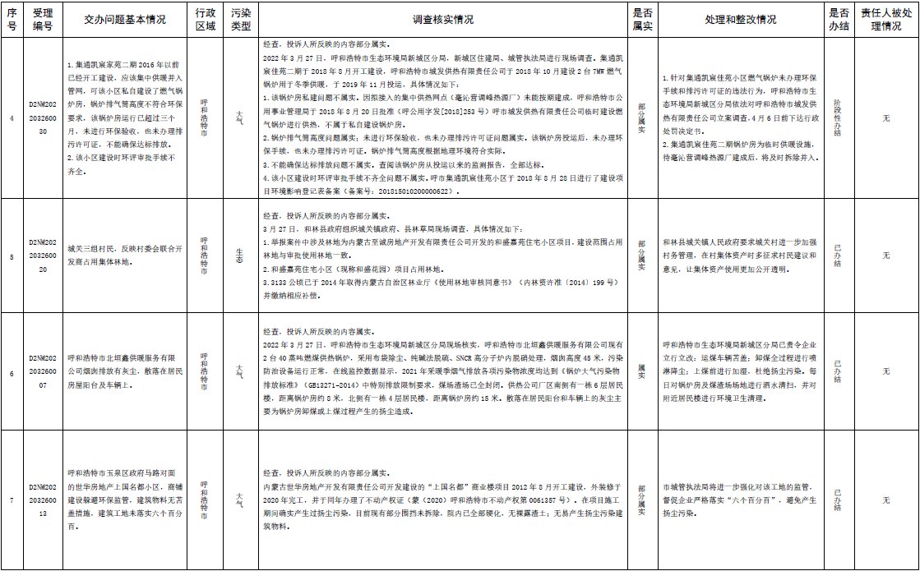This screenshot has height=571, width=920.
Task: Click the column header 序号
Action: [x=12, y=20]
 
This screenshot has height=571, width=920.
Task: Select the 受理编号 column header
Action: [x=43, y=20]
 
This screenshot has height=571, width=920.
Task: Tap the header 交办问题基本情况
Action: [x=125, y=20]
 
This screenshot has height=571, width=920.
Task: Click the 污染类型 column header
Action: [x=240, y=20]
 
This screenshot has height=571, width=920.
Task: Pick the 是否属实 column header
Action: [x=643, y=20]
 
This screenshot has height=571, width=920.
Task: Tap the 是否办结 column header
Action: [x=839, y=20]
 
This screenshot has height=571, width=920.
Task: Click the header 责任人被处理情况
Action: [x=886, y=20]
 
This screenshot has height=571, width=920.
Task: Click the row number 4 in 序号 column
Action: [x=12, y=118]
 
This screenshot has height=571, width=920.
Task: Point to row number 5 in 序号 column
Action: [x=12, y=256]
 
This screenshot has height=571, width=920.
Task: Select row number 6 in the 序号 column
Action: [x=12, y=371]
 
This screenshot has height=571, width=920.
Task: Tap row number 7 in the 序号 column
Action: [x=12, y=499]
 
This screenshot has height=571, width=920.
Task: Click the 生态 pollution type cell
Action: [x=240, y=256]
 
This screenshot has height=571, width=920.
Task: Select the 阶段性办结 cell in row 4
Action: [x=838, y=118]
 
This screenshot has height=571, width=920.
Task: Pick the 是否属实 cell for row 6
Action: [x=643, y=371]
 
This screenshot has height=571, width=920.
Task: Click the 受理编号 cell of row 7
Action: [x=43, y=499]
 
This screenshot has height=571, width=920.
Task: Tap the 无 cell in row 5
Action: [x=886, y=256]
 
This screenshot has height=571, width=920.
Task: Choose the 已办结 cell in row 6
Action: [x=838, y=371]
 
